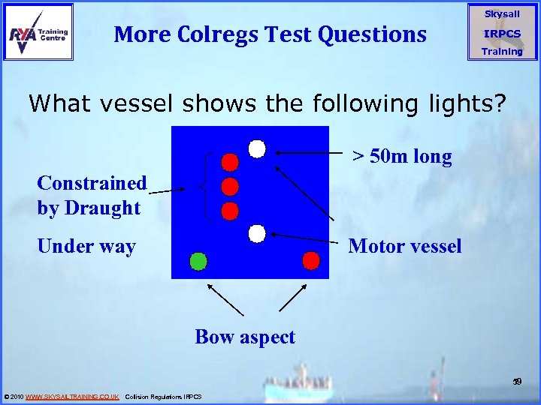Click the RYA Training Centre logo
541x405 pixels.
pyautogui.click(x=38, y=31)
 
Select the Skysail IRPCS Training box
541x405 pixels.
pyautogui.click(x=501, y=32)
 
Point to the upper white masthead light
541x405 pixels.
pyautogui.click(x=257, y=148)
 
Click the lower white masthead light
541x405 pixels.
pyautogui.click(x=257, y=234)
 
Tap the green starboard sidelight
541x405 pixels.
pyautogui.click(x=198, y=261)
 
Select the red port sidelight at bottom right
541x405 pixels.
pyautogui.click(x=310, y=260)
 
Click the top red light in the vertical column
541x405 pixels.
pyautogui.click(x=230, y=162)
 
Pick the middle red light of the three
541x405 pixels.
pyautogui.click(x=230, y=186)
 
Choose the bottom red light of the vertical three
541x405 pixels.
pyautogui.click(x=230, y=210)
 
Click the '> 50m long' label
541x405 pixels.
pyautogui.click(x=402, y=157)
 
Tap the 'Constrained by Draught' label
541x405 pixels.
pyautogui.click(x=92, y=195)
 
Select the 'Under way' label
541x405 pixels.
pyautogui.click(x=86, y=247)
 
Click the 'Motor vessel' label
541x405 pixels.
pyautogui.click(x=405, y=246)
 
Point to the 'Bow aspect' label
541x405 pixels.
pyautogui.click(x=245, y=337)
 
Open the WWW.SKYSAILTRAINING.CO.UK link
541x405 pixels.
pyautogui.click(x=72, y=396)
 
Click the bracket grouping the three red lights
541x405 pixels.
pyautogui.click(x=208, y=186)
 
